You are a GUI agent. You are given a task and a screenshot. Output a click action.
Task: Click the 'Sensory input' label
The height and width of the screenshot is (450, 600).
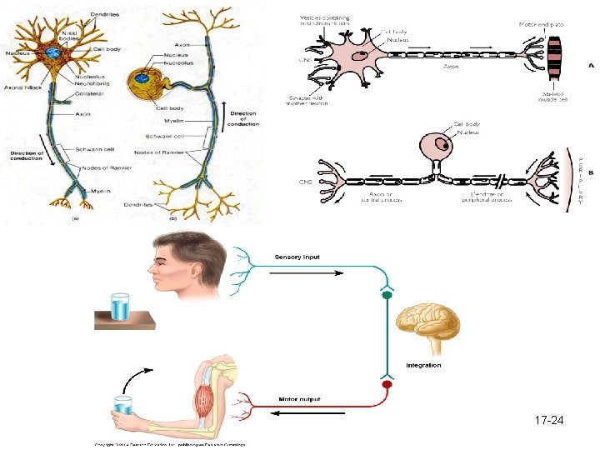(x=297, y=258)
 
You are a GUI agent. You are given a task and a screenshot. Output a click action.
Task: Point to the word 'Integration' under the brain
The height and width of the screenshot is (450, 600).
(x=423, y=365)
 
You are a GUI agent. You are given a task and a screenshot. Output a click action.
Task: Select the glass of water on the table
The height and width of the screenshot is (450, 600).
(x=120, y=306)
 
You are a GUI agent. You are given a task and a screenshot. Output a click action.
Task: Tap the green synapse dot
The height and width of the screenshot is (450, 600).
(x=386, y=294)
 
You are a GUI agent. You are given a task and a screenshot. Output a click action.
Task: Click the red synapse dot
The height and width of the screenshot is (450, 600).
(x=386, y=386)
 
